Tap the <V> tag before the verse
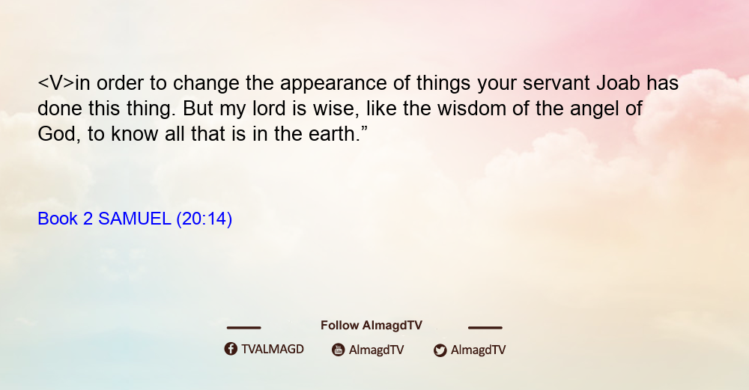click(x=56, y=83)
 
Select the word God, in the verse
click(x=59, y=134)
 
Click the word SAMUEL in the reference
click(x=135, y=219)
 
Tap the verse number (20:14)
click(x=204, y=219)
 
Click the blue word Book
click(x=58, y=219)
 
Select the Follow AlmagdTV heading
click(x=372, y=325)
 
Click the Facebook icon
click(x=231, y=349)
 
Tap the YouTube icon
click(x=339, y=350)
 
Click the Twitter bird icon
click(x=440, y=350)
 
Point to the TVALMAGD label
click(x=273, y=349)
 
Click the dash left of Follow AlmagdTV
click(x=243, y=327)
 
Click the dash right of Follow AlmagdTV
click(x=485, y=327)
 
